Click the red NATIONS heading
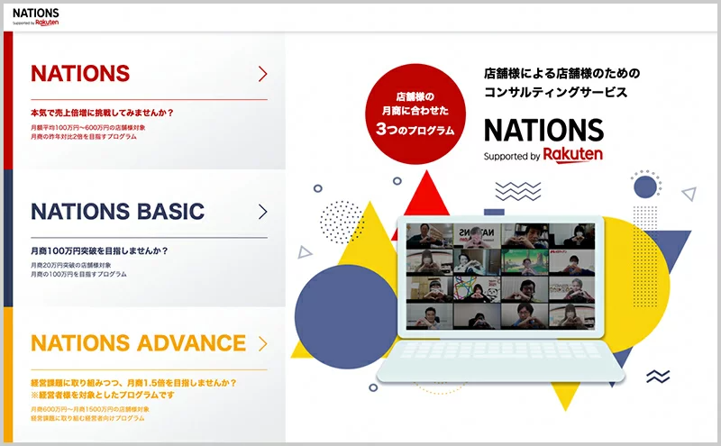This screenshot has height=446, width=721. [x=80, y=74]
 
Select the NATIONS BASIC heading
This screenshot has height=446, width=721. [x=117, y=212]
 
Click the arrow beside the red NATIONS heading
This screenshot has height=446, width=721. [x=262, y=74]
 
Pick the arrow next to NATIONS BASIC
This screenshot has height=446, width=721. [x=262, y=212]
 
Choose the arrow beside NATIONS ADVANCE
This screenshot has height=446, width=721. [x=262, y=343]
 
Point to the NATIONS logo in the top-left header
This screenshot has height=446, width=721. [x=36, y=16]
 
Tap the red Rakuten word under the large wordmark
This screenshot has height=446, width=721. [x=573, y=155]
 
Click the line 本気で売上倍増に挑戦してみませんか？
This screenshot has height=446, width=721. [x=102, y=114]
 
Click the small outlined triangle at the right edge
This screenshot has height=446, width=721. [x=689, y=193]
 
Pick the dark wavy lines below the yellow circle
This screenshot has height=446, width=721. [x=658, y=376]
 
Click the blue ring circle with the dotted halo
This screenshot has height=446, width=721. [x=645, y=187]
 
